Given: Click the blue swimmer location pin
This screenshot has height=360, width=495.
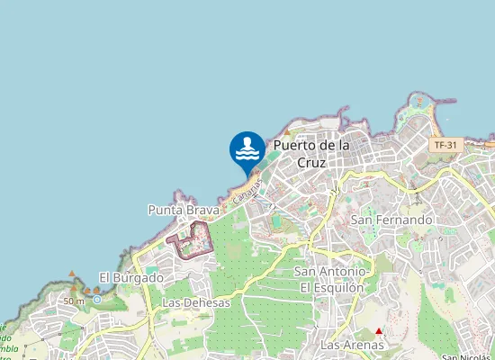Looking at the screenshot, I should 247,150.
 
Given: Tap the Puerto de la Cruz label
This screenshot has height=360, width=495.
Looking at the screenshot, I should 310,154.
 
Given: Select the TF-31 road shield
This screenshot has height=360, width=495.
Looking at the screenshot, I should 445,145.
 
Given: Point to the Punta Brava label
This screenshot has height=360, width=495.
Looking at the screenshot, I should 184,210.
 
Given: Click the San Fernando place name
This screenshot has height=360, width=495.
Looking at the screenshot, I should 391,220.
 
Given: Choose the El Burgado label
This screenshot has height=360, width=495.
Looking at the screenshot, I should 131,278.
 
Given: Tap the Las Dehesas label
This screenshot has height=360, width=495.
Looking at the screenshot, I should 196,303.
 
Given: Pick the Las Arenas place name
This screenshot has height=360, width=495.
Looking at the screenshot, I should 352,345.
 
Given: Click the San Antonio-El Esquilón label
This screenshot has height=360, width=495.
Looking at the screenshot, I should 331,279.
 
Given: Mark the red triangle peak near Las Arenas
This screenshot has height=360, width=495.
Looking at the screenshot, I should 378,331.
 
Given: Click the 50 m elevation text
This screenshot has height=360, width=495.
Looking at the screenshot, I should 73,301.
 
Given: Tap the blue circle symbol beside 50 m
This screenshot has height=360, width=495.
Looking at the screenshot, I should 96,300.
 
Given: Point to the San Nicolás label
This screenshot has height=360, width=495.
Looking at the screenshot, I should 475,356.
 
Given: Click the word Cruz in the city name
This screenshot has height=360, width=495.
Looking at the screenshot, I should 310,164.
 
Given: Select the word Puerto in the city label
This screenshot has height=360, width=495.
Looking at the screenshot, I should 292,145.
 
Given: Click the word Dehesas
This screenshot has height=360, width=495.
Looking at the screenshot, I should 207,303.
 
